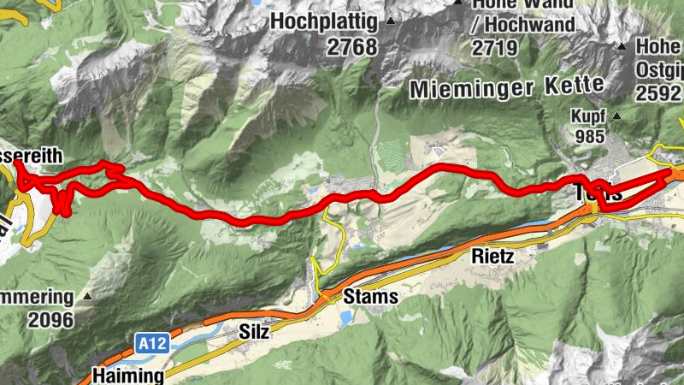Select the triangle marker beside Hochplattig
pos(391,21)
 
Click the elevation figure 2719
pos(495,48)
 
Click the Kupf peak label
pos(589,115)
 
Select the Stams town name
pos(370,297)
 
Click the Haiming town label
pos(127,375)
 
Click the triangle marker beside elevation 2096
pos(87,297)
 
